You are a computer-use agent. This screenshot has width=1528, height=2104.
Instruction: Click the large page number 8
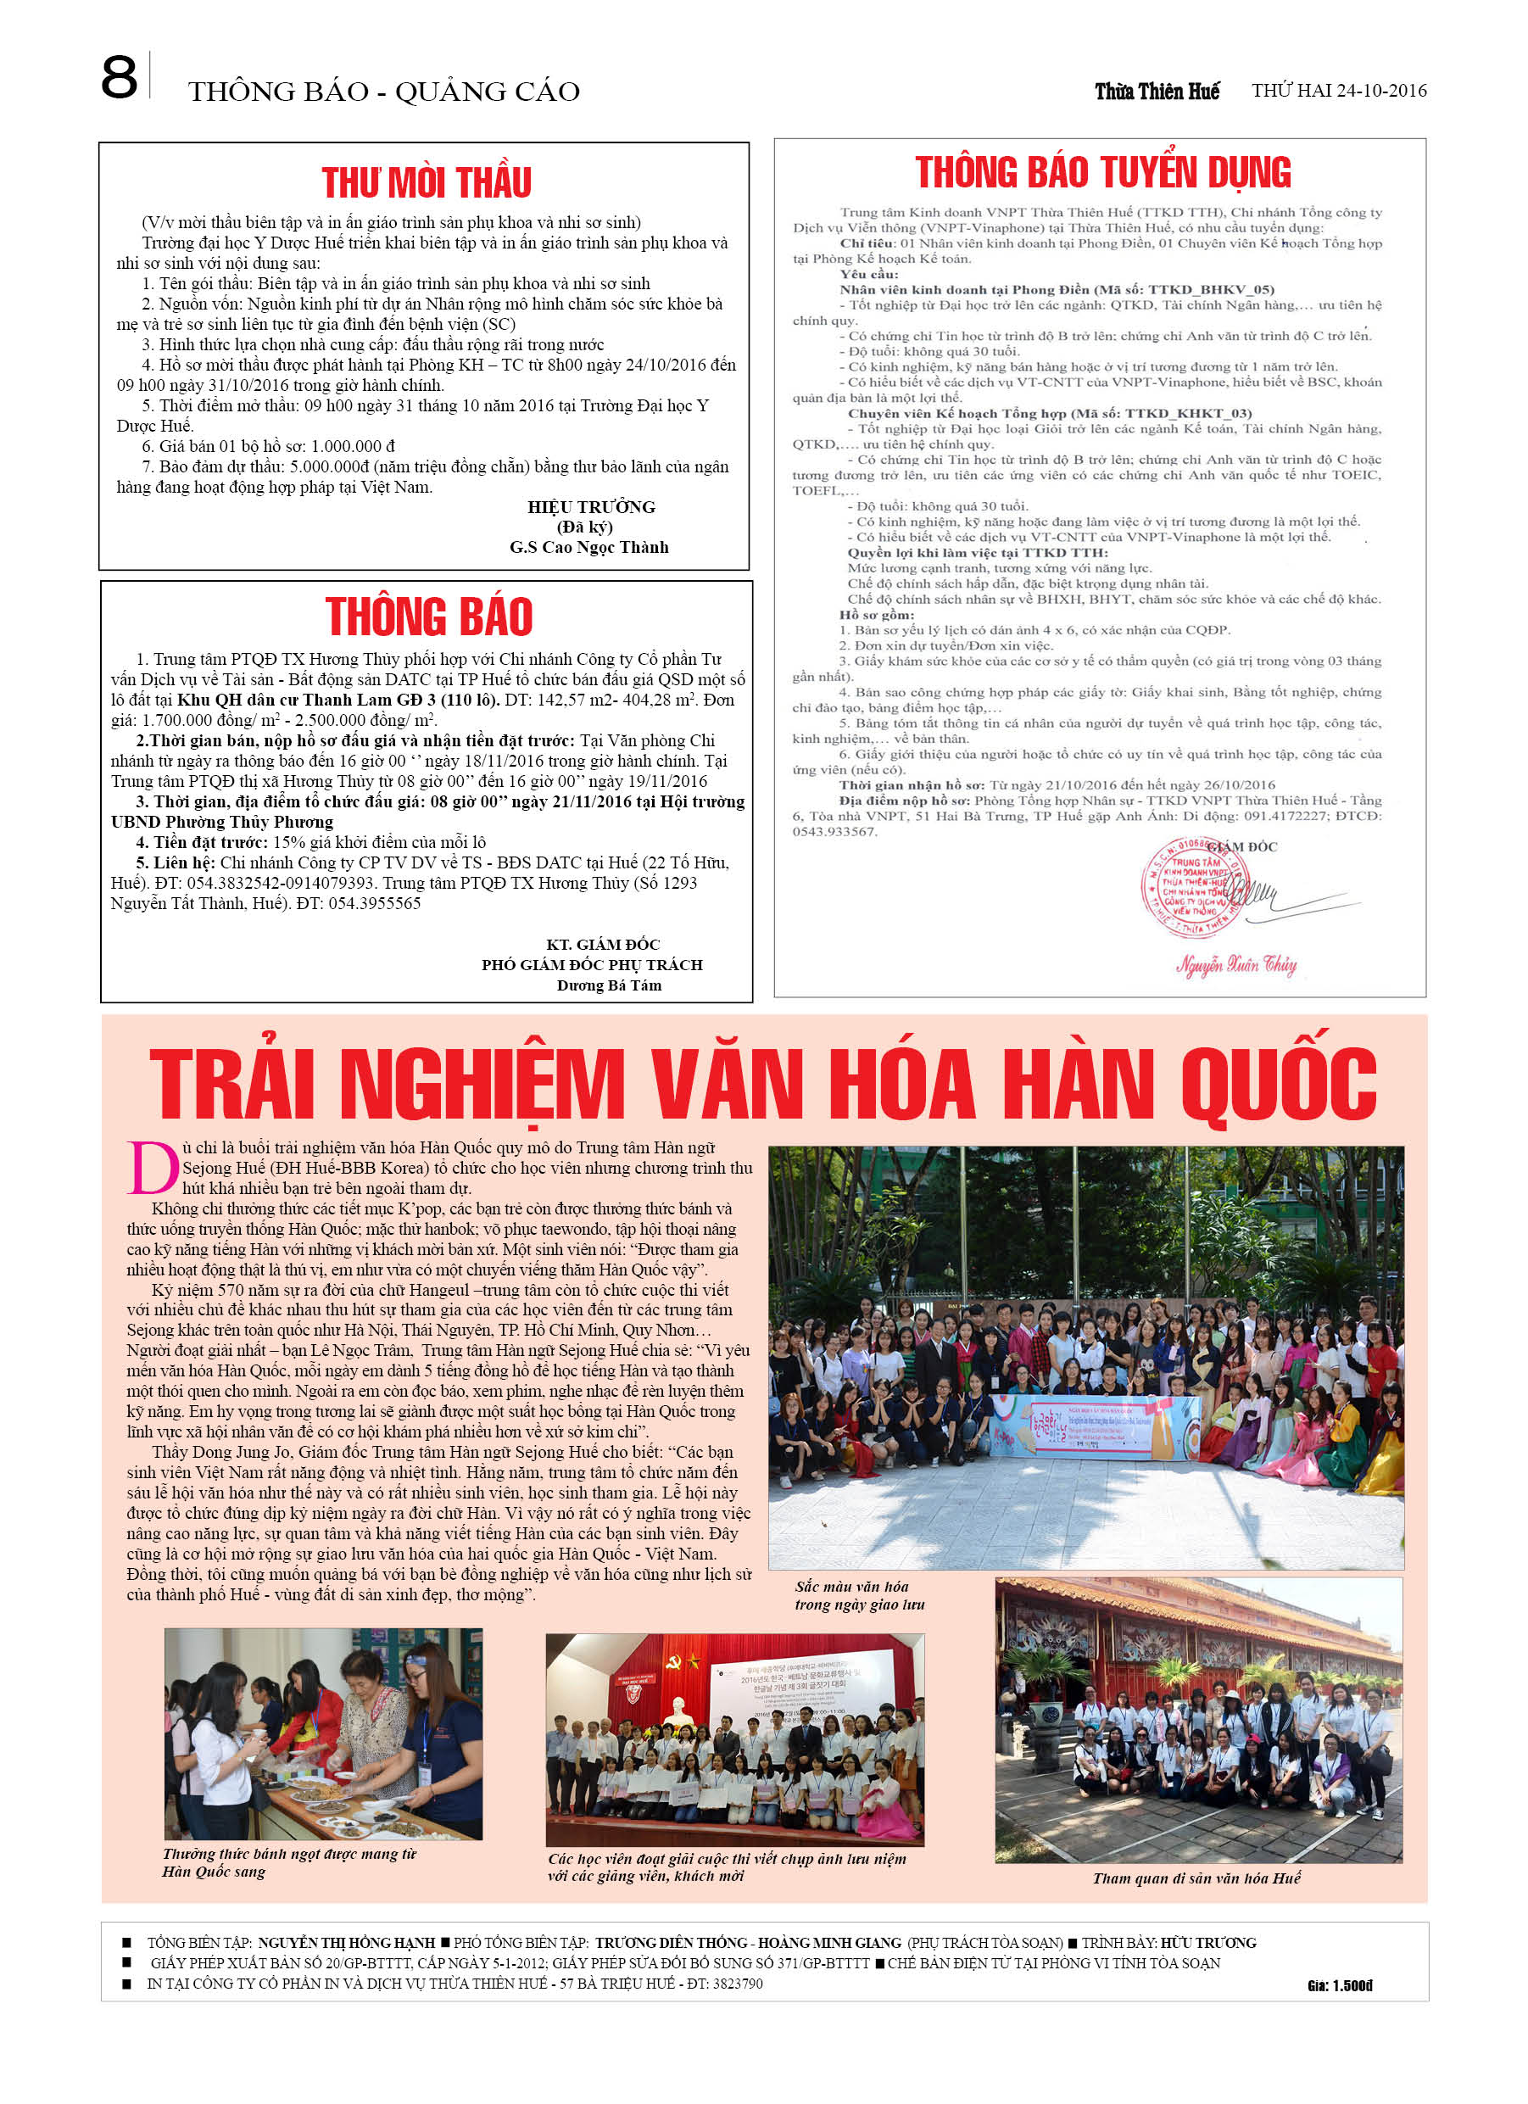119,78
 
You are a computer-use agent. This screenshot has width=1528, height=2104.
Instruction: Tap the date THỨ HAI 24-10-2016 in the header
1338,91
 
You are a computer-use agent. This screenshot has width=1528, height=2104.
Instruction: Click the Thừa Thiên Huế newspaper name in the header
1156,91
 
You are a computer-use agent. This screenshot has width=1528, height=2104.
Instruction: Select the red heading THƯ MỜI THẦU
427,183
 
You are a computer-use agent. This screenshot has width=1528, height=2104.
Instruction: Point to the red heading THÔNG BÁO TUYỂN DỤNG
1102,172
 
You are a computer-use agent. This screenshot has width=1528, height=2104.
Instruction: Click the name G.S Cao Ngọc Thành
588,547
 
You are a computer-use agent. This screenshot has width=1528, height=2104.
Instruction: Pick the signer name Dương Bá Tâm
609,985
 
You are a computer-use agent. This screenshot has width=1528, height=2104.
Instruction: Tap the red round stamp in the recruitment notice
1195,886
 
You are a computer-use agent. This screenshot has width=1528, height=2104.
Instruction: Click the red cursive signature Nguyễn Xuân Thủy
1236,965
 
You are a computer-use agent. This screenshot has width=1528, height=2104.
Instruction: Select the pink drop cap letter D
152,1168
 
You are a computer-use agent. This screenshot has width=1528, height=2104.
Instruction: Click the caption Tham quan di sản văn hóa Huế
1196,1878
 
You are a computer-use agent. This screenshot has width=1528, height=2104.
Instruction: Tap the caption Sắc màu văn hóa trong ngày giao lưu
859,1596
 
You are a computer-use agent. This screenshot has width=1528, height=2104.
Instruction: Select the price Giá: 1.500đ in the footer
1340,1985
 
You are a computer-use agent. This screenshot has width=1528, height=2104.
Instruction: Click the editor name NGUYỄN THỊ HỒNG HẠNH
346,1943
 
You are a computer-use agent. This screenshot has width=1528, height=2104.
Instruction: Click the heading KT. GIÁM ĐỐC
603,945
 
